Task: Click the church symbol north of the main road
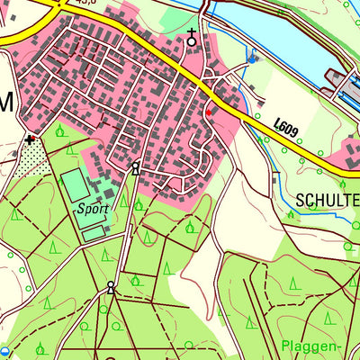pos(191,37)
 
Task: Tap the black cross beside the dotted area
pos(31,139)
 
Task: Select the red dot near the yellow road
pos(209,112)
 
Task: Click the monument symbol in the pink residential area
pos(136,166)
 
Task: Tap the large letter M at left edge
pos(6,103)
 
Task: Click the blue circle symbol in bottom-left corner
pos(5,351)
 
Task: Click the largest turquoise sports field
pos(76,185)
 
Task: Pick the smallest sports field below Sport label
pos(94,233)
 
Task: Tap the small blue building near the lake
pos(251,59)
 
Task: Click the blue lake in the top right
pos(288,36)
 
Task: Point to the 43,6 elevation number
pos(86,3)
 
